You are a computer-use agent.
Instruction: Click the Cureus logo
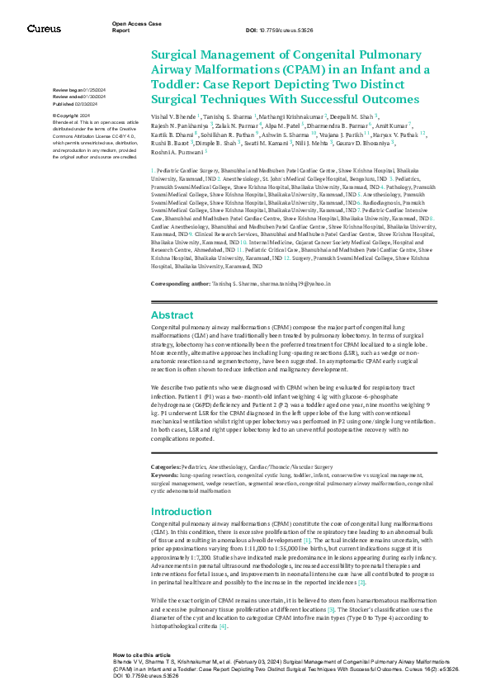(44, 29)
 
